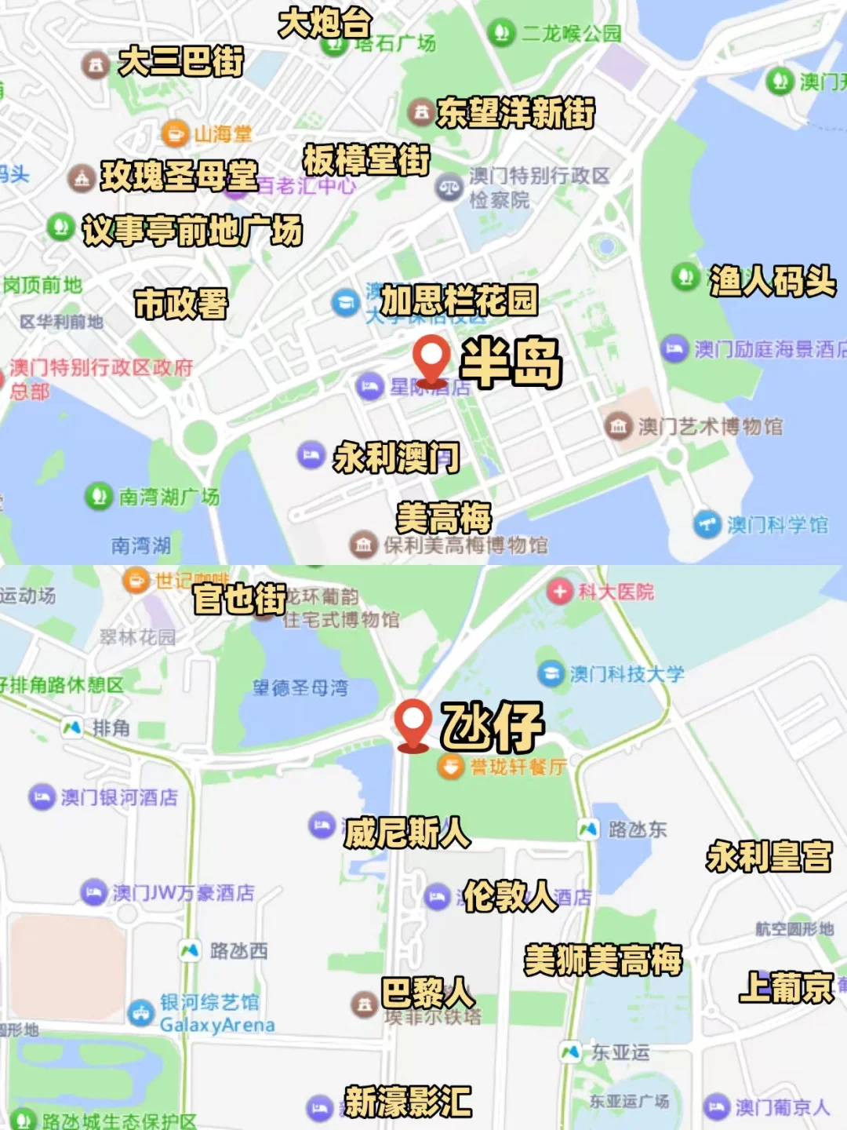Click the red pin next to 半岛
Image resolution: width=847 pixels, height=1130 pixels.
click(x=431, y=358)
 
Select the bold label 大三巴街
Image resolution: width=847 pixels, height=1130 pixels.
click(x=181, y=62)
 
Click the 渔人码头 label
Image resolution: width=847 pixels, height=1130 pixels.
click(x=772, y=281)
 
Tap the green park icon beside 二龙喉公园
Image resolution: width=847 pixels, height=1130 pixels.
click(x=500, y=33)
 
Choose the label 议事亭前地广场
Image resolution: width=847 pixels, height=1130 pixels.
click(x=192, y=231)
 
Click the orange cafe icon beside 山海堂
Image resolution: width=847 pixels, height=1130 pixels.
click(x=175, y=133)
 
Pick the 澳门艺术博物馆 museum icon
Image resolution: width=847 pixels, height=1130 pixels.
click(x=618, y=426)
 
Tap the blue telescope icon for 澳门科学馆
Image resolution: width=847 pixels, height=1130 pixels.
click(x=707, y=524)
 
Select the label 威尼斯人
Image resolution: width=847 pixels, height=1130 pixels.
click(x=407, y=833)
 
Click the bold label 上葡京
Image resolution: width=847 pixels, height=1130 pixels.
click(x=786, y=987)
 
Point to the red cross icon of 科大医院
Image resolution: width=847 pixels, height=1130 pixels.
click(x=559, y=591)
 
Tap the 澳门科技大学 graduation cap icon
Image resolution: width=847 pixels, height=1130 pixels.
click(x=551, y=673)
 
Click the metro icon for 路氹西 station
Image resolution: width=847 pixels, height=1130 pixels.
click(x=190, y=951)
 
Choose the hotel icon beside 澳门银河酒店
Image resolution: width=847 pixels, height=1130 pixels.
click(x=42, y=797)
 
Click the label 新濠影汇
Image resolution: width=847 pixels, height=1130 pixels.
click(x=408, y=1102)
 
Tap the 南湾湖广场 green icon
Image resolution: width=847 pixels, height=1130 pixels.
click(x=99, y=496)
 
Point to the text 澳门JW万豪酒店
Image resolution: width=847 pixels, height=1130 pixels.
click(x=184, y=892)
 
